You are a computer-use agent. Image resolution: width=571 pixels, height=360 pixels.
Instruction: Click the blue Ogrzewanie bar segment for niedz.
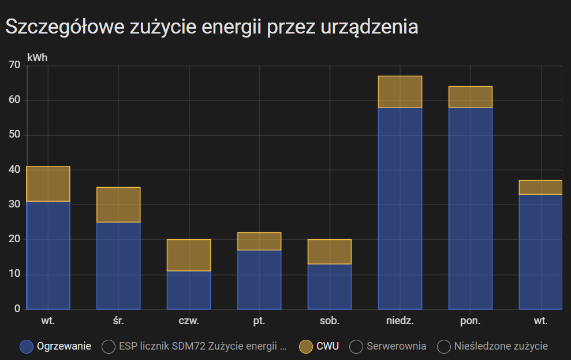[x=400, y=208]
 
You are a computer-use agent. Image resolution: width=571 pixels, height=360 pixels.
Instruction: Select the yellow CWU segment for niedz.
[x=400, y=91]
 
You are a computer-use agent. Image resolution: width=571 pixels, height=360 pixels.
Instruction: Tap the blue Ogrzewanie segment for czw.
[x=189, y=290]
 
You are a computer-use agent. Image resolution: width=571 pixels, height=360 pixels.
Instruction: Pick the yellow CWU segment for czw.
[x=189, y=255]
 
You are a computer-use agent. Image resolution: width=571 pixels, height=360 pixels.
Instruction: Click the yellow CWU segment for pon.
[x=471, y=97]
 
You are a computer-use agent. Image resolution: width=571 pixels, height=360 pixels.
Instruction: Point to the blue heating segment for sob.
[x=330, y=287]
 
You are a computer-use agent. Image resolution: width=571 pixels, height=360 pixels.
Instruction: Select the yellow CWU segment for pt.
[x=259, y=241]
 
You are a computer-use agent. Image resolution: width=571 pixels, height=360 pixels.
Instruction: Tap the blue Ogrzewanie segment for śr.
[x=118, y=265]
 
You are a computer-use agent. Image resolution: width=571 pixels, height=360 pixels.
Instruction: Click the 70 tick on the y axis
[x=14, y=65]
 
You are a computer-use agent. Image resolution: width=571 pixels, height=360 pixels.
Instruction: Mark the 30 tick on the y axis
[x=14, y=205]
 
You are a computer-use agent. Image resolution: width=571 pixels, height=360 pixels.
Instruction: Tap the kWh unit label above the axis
[x=38, y=58]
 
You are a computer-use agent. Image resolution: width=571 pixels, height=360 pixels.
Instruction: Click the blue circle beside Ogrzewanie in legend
[x=27, y=347]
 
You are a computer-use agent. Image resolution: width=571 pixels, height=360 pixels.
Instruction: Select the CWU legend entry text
[x=327, y=346]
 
